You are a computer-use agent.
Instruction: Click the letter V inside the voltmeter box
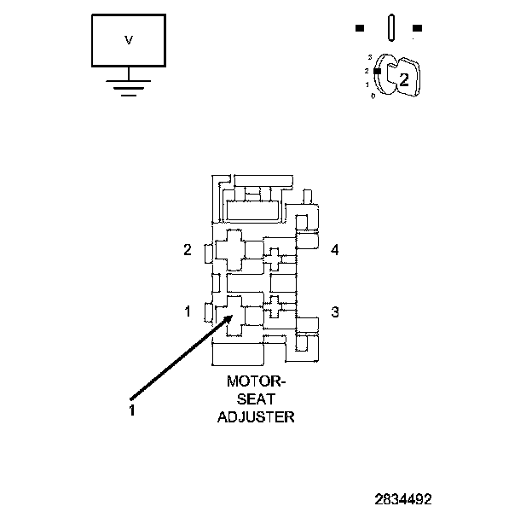[129, 40]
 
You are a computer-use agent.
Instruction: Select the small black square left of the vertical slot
[360, 28]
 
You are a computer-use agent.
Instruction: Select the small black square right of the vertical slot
[416, 28]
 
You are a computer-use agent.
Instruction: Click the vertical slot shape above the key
[390, 26]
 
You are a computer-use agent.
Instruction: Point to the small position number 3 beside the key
[369, 57]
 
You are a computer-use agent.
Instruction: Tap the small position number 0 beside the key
[373, 96]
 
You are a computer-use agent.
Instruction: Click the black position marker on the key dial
[376, 72]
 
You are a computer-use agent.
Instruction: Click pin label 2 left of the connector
[188, 250]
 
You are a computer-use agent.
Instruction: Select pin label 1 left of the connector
[188, 311]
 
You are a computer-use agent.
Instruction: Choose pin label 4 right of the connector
[335, 250]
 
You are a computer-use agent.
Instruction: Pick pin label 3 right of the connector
[335, 312]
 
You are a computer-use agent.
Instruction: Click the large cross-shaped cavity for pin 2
[230, 250]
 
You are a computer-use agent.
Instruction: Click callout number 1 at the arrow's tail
[132, 410]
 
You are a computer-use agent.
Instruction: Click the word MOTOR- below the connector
[257, 382]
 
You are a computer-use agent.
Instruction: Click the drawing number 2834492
[402, 497]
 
